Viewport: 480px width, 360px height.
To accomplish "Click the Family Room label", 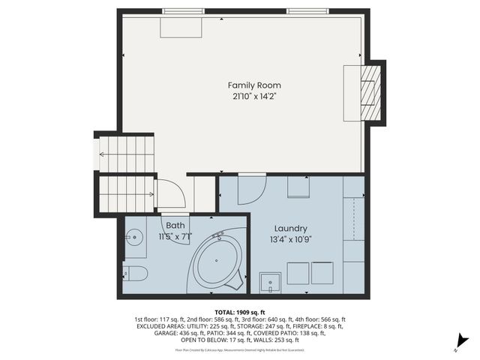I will tap(255, 85).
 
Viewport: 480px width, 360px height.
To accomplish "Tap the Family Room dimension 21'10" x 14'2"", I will tap(255, 96).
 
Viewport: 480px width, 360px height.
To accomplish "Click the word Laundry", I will tap(290, 229).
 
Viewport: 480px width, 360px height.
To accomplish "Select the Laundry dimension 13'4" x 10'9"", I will tap(290, 239).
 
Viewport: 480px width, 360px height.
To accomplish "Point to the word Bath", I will tap(175, 225).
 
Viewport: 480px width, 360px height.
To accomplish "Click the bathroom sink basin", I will tap(135, 238).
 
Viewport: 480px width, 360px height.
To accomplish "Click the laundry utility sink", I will tap(269, 283).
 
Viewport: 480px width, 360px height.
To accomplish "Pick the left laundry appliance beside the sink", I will tap(298, 273).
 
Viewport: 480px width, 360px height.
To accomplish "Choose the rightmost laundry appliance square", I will tap(322, 273).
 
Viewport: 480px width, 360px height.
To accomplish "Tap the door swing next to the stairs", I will tap(170, 193).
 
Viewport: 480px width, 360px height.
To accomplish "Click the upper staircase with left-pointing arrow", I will tap(126, 154).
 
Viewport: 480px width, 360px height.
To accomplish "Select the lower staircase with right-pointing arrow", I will tap(126, 193).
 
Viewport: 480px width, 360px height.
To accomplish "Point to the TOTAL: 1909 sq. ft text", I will tap(239, 311).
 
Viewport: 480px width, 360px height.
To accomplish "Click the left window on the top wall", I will tap(182, 10).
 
